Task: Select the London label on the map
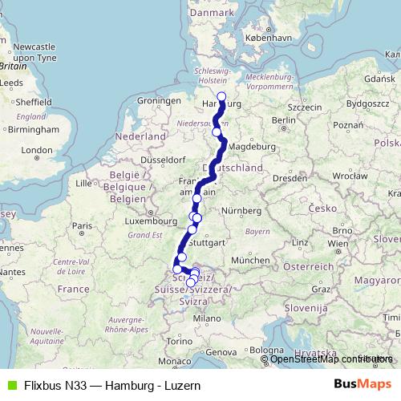(x=36, y=150)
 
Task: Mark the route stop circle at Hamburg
(x=221, y=99)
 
